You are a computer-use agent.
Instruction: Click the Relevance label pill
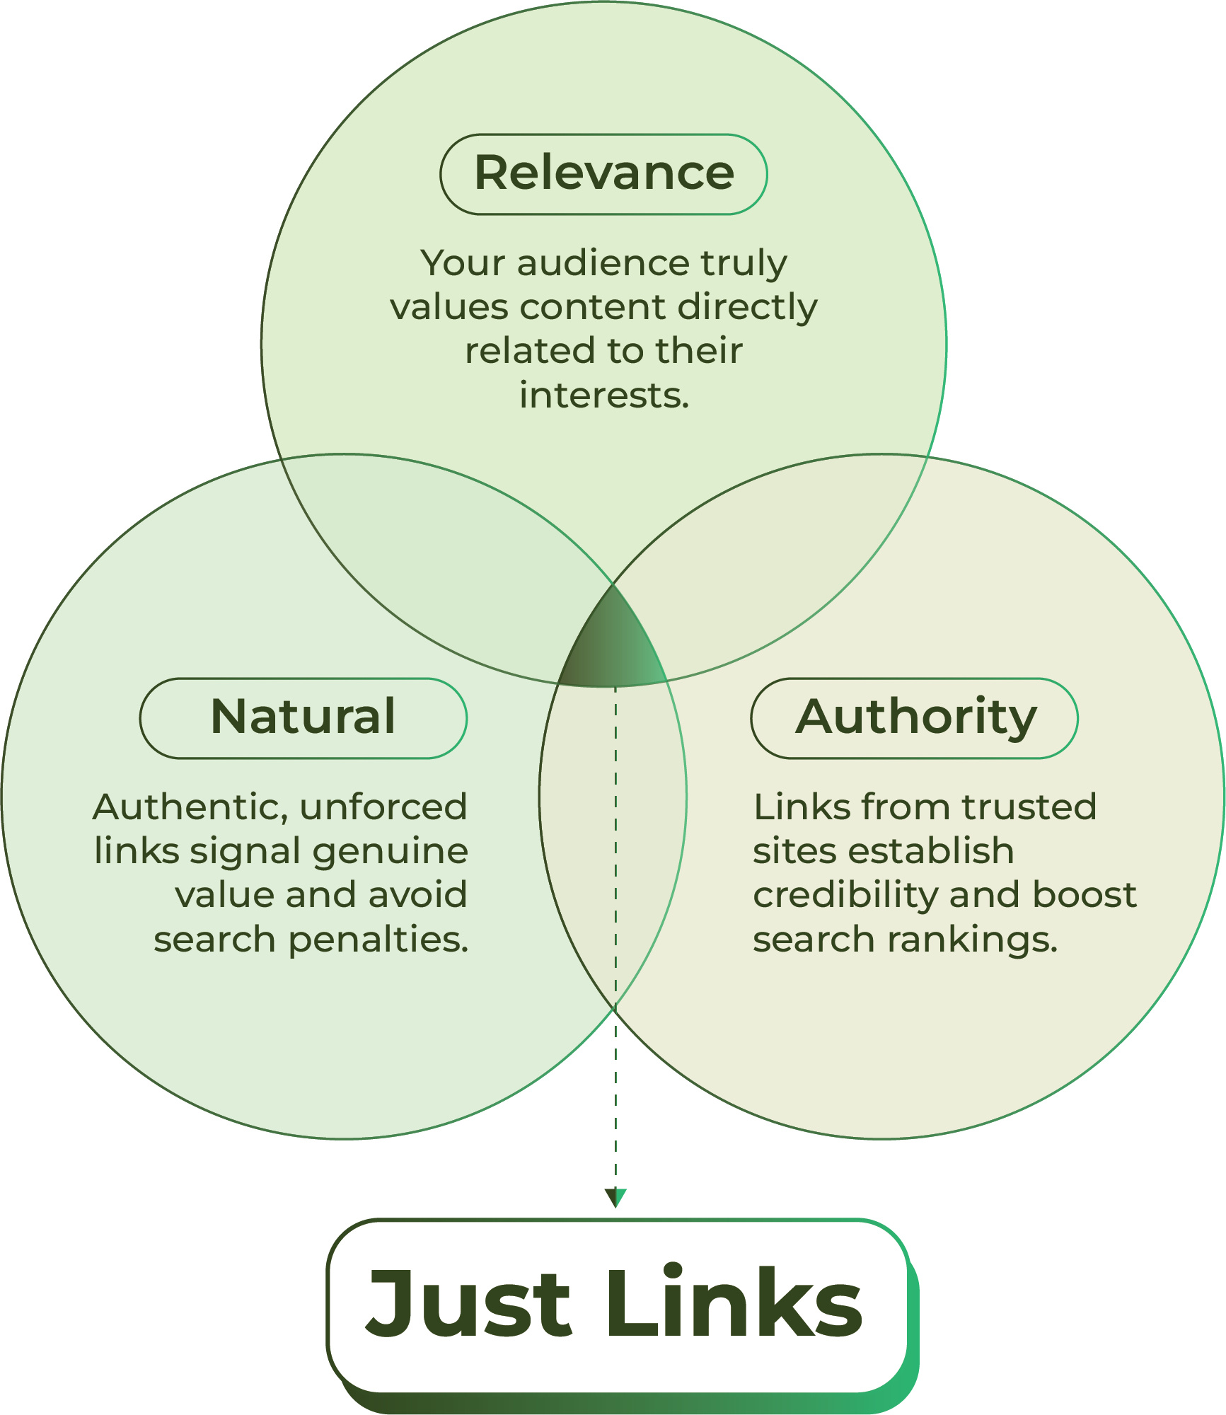pos(603,174)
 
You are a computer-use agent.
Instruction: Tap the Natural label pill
pos(303,718)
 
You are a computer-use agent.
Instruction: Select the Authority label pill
pos(914,718)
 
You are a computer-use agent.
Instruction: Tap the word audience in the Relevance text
pos(603,264)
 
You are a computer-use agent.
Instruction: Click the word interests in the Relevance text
pos(603,395)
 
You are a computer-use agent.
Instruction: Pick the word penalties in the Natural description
pos(378,940)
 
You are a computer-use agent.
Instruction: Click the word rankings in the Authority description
pos(972,940)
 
